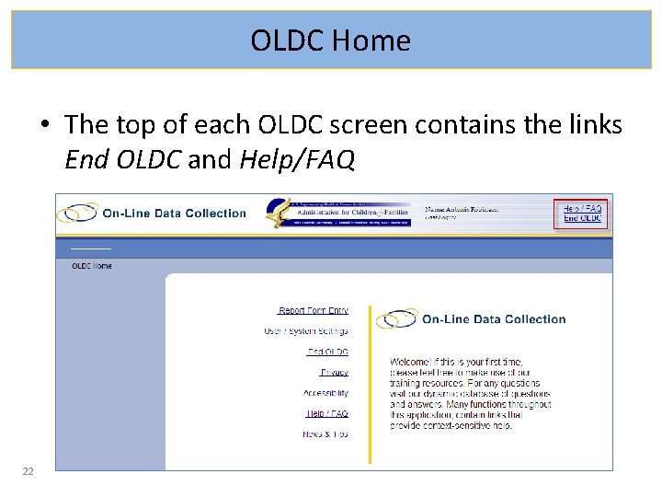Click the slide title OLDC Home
tap(331, 40)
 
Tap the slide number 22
tap(28, 471)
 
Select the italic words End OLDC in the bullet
tap(122, 160)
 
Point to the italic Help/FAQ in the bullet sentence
tap(296, 160)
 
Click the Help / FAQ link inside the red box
tap(582, 209)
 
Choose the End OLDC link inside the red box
tap(583, 218)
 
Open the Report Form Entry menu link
tap(314, 311)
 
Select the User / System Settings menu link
tap(306, 331)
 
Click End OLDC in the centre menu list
tap(328, 352)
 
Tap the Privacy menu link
tap(335, 372)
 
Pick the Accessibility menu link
tap(326, 393)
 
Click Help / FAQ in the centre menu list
tap(327, 413)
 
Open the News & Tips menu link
tap(325, 433)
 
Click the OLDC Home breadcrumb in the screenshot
tap(92, 266)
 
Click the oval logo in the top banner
tap(77, 214)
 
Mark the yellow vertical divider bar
tap(370, 384)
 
